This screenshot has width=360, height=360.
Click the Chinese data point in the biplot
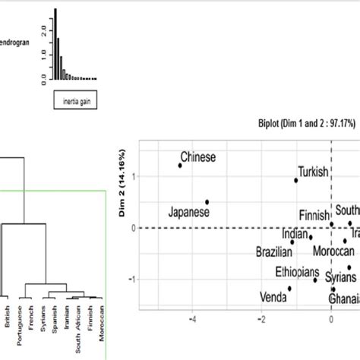(180, 165)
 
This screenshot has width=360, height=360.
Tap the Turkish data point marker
(296, 180)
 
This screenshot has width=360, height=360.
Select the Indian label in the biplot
(295, 234)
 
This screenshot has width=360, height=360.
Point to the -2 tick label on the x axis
(262, 320)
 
